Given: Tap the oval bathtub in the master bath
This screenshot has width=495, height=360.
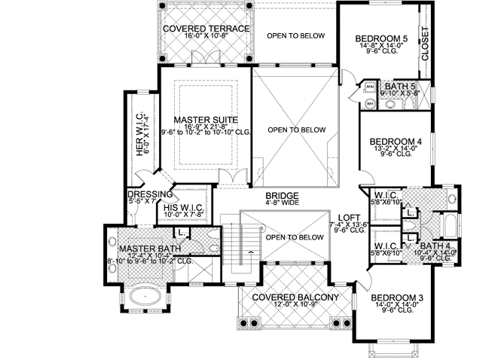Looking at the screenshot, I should [x=143, y=298].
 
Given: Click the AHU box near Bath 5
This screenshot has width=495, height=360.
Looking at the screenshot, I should [x=370, y=88].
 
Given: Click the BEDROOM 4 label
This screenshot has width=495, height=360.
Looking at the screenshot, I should [x=395, y=141].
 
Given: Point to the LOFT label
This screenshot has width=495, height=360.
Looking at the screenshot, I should [x=348, y=215].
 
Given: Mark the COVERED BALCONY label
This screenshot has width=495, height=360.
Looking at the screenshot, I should [x=293, y=297].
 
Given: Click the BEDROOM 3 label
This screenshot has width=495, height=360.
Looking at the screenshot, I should [x=397, y=299].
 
